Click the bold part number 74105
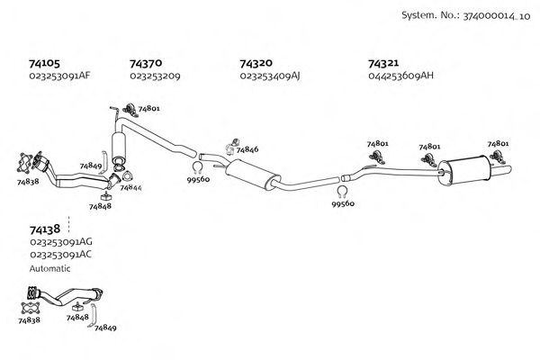click(44, 64)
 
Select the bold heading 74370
click(146, 64)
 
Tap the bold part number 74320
click(256, 64)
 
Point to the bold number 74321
click(384, 64)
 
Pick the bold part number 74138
click(45, 229)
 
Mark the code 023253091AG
click(61, 242)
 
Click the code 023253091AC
click(61, 255)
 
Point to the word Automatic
click(49, 268)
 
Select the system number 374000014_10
click(463, 16)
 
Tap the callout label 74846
click(247, 149)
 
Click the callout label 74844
click(131, 187)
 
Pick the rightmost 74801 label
click(498, 143)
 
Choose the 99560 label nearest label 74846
click(198, 180)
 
